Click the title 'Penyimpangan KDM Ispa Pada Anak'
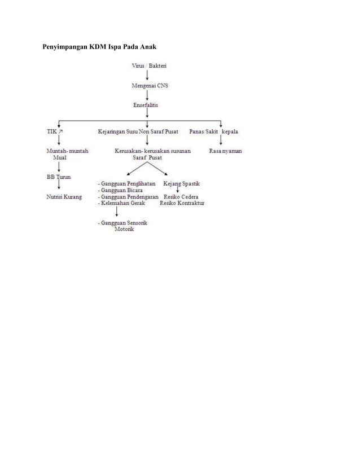tap(100, 45)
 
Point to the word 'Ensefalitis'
tap(146, 105)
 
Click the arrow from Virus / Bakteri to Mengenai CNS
tap(148, 76)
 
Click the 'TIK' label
tap(51, 131)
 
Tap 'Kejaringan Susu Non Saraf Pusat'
tap(138, 131)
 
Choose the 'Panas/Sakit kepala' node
tap(213, 131)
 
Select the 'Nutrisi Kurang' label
tap(64, 197)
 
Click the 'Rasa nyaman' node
tap(225, 151)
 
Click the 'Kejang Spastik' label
tap(181, 184)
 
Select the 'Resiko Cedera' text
tap(181, 197)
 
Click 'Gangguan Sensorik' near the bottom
tap(124, 223)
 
